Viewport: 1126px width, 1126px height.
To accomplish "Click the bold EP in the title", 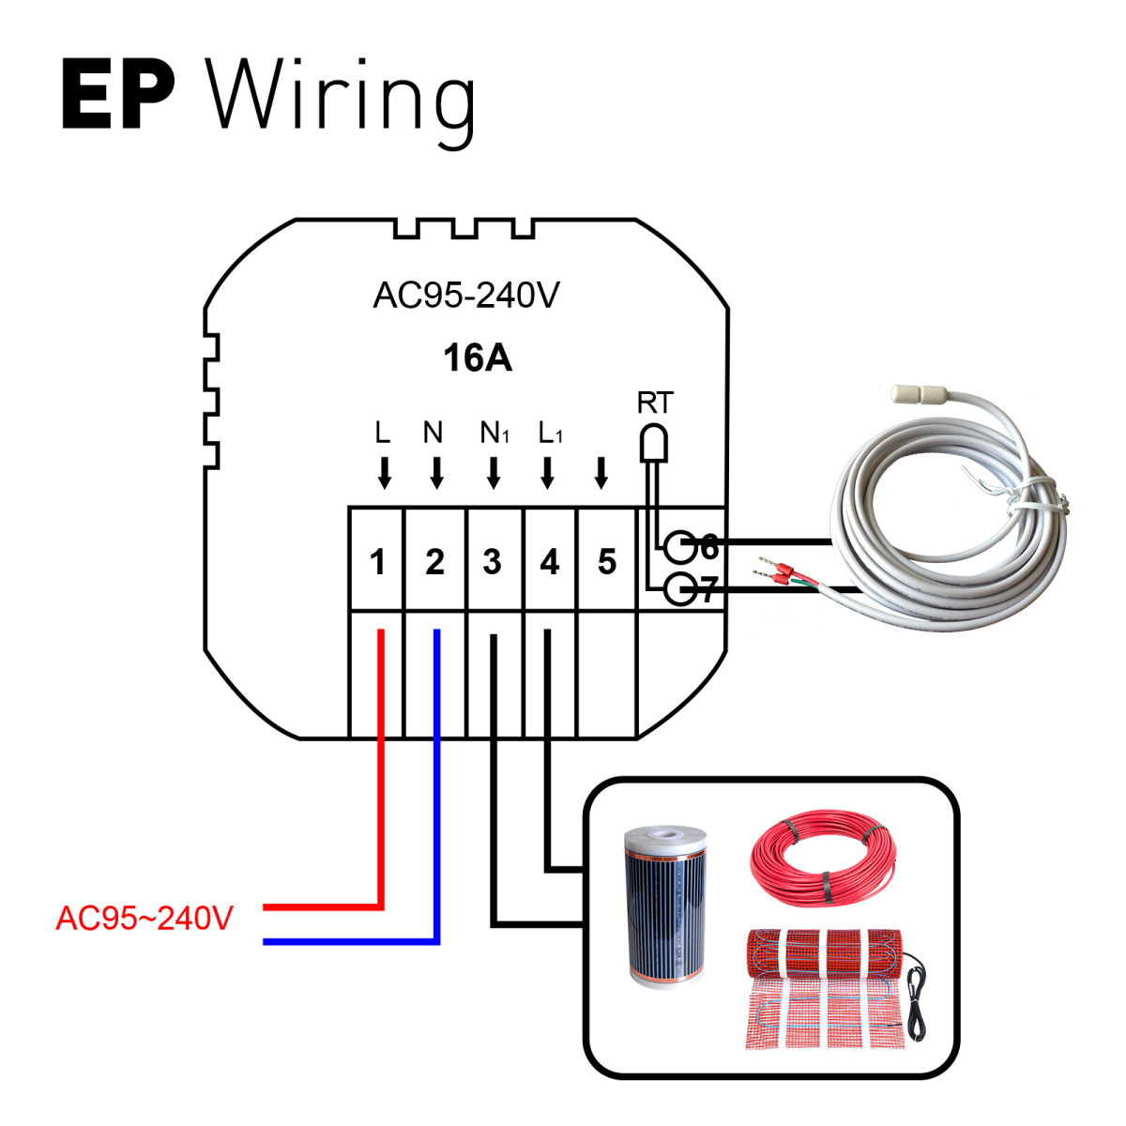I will (118, 96).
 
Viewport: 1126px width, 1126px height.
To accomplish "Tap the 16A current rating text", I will (478, 358).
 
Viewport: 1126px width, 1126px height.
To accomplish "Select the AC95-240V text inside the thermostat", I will (466, 296).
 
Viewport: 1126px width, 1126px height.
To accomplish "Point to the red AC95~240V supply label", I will (145, 919).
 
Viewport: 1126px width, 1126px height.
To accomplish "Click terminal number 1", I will (377, 562).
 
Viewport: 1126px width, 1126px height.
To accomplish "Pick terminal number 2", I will (434, 562).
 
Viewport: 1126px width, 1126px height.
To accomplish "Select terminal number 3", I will (492, 562).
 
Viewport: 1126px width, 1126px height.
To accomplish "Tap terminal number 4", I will (549, 562).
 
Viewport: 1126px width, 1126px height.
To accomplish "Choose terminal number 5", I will (606, 562).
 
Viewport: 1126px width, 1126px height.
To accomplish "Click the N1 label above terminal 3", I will (494, 433).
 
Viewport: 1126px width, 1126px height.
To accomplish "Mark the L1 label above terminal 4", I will (550, 433).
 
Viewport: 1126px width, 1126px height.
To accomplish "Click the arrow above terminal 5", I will (601, 474).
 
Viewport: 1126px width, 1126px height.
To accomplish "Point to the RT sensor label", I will (654, 403).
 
